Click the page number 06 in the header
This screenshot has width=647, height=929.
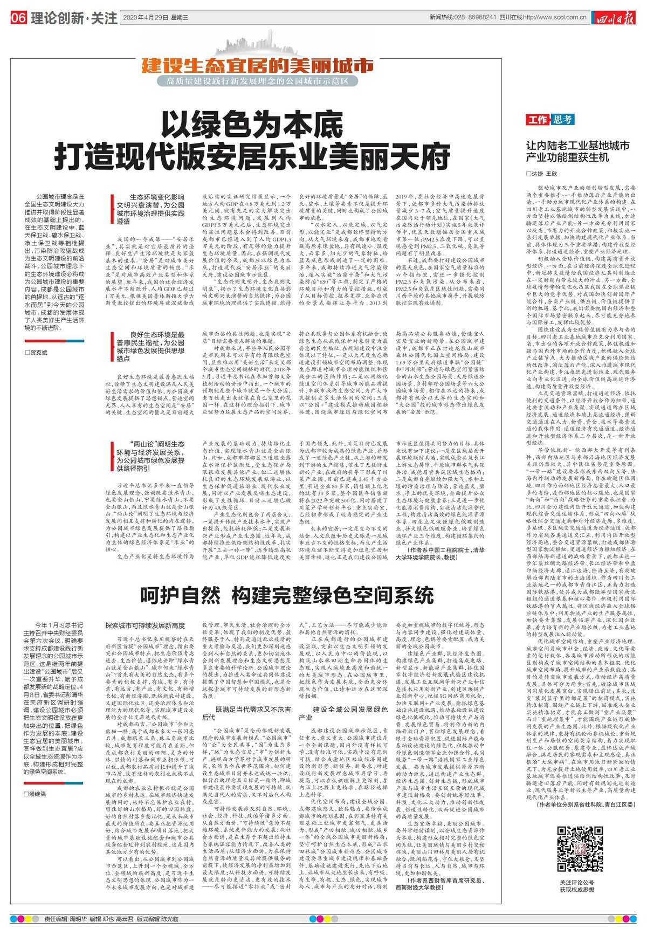18,18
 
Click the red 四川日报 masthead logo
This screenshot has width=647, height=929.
615,18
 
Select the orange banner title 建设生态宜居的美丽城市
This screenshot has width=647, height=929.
258,66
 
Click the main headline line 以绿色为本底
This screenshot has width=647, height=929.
252,126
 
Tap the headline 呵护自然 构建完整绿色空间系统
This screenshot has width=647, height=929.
287,595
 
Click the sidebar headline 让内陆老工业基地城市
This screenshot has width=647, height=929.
577,146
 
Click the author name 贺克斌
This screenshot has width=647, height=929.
38,352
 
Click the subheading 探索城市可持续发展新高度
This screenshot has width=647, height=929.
145,625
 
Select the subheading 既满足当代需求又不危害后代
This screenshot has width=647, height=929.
246,713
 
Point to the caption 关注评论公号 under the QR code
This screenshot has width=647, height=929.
576,882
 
